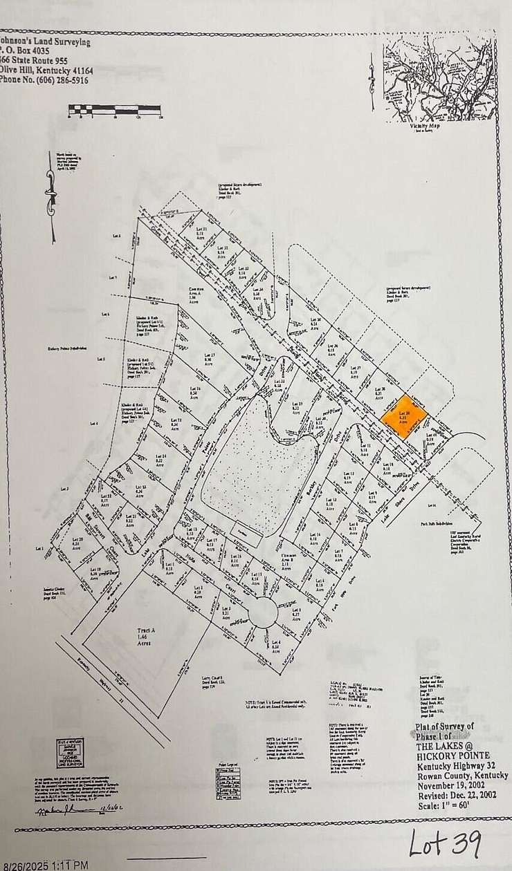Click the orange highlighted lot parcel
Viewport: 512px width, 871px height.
405,417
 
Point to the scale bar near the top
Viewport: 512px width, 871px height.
115,110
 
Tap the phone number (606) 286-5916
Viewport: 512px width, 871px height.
44,80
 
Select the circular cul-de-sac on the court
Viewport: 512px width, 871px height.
263,612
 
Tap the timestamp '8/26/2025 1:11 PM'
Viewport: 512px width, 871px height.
45,865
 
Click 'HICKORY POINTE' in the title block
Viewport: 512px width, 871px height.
457,756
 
